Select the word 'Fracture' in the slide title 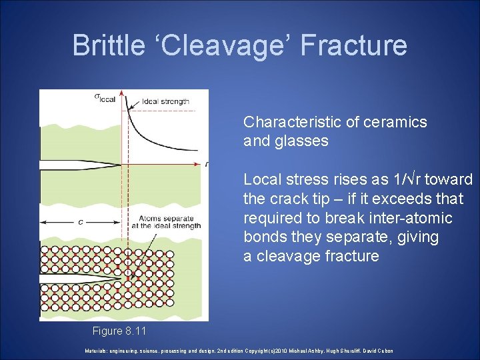[x=353, y=45]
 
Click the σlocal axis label [x=105, y=98]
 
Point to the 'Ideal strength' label [x=165, y=102]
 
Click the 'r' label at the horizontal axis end [x=207, y=164]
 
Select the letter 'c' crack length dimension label [x=81, y=222]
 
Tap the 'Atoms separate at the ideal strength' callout [x=170, y=222]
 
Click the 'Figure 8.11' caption [x=119, y=331]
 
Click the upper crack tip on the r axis [x=121, y=165]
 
